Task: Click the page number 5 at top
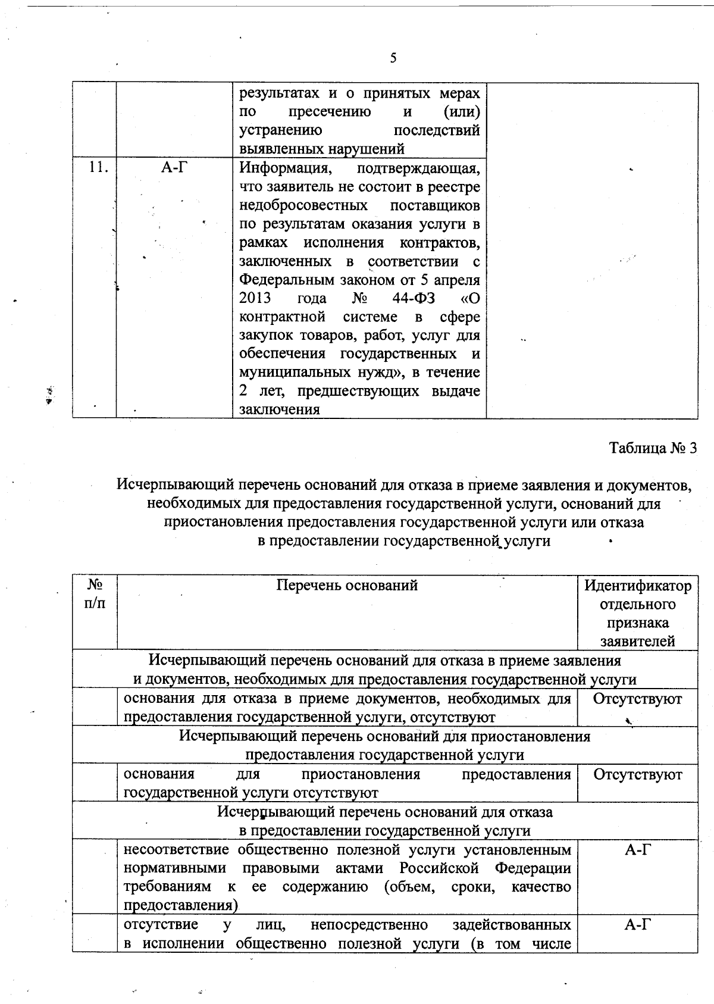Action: point(393,58)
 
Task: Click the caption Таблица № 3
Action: point(652,448)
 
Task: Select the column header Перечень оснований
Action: point(347,586)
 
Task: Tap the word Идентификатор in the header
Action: point(637,586)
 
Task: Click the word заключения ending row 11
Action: point(279,409)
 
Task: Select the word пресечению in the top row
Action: point(330,112)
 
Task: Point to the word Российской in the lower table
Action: point(439,868)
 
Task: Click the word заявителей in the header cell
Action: point(637,642)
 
